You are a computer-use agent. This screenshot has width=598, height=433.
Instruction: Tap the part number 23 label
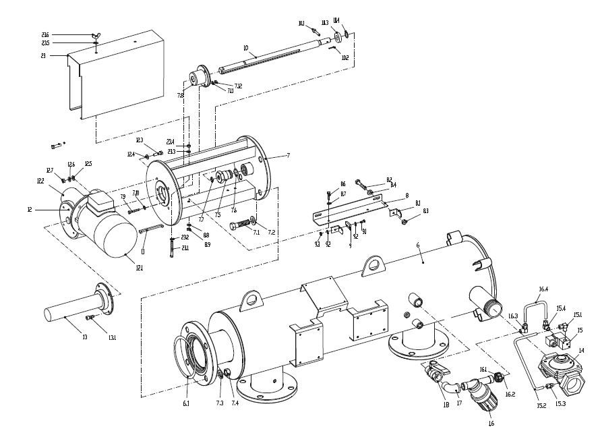click(x=44, y=56)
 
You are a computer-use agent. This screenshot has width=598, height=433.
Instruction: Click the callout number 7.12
click(x=238, y=86)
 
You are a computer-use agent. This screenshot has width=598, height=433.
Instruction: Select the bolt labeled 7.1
click(x=241, y=224)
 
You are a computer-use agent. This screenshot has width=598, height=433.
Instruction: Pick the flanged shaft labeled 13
click(x=74, y=312)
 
